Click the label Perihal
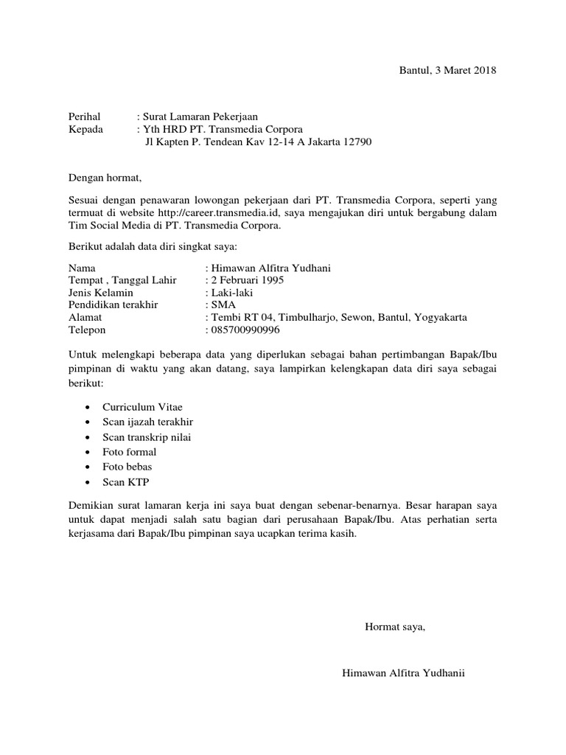(83, 116)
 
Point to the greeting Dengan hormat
(104, 177)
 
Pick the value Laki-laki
(232, 293)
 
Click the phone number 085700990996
(245, 330)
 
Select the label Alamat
(85, 318)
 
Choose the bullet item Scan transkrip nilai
(147, 437)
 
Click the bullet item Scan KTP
(124, 483)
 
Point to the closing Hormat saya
(395, 627)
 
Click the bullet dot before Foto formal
(88, 453)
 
